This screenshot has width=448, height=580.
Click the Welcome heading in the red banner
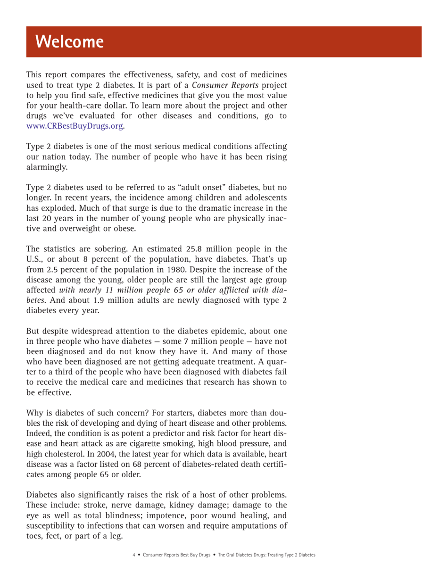[x=70, y=42]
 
